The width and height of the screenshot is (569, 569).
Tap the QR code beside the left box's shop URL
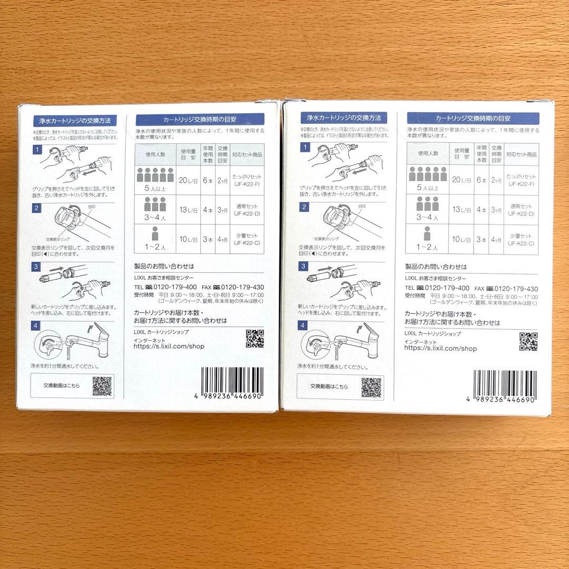(255, 339)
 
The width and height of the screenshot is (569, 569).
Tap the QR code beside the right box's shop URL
(528, 341)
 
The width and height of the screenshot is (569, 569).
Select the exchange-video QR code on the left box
(102, 386)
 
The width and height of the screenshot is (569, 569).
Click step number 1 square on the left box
(37, 150)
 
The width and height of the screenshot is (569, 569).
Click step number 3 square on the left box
(37, 267)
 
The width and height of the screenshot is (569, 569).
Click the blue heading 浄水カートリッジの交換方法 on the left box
(74, 120)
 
